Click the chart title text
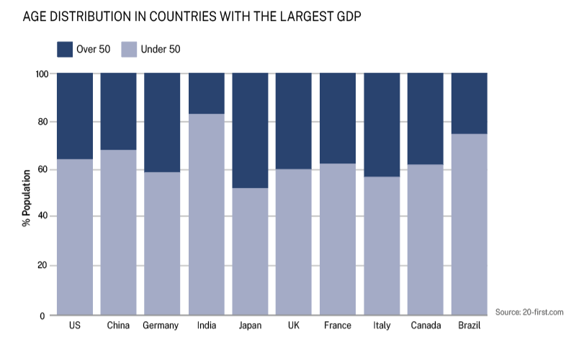192,16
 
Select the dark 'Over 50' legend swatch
65,49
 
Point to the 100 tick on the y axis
40,74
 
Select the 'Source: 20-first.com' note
529,312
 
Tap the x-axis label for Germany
162,326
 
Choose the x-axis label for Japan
250,326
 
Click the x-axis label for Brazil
470,326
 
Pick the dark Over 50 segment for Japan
250,130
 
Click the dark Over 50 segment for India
206,93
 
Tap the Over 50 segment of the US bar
75,116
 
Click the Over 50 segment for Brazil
470,103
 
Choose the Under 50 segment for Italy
382,246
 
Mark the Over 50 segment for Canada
426,118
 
